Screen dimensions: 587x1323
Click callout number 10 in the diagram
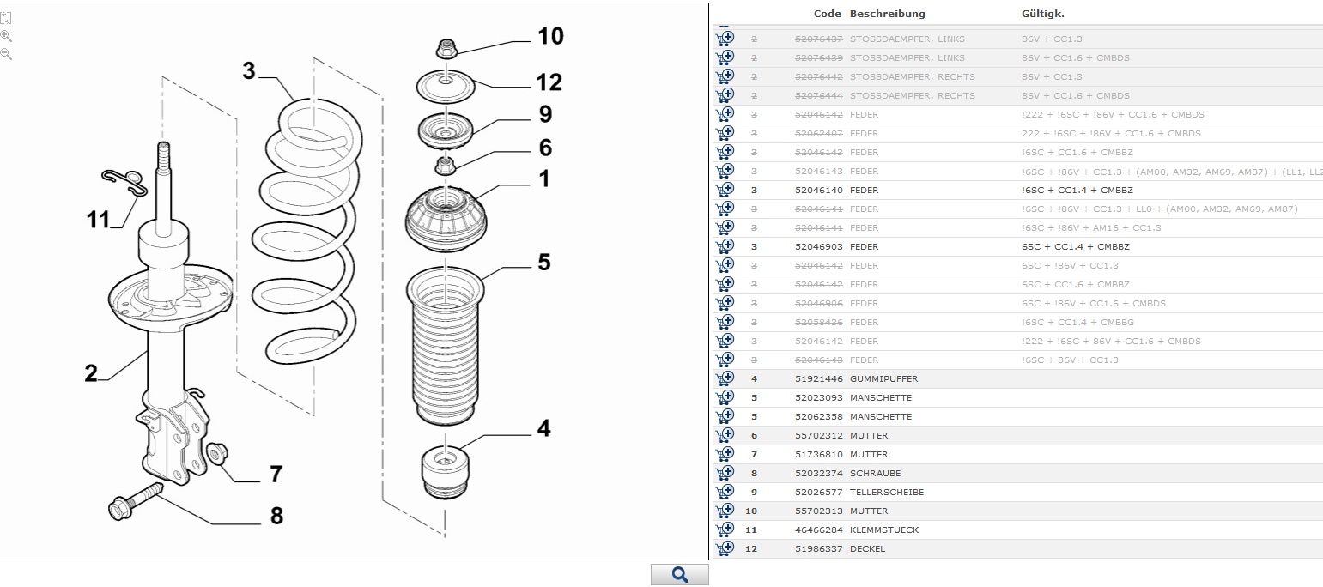tap(550, 36)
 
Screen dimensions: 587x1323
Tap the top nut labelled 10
tap(446, 50)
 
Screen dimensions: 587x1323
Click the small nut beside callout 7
tap(215, 453)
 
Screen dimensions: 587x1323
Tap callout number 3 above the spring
tap(249, 70)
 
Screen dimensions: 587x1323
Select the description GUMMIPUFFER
tap(883, 379)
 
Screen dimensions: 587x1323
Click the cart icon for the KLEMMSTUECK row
tap(725, 530)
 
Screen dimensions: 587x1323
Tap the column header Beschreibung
tap(887, 14)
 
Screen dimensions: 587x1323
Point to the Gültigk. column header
tap(1042, 14)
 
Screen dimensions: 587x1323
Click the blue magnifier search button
tap(679, 575)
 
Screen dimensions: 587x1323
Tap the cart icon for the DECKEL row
tap(725, 548)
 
